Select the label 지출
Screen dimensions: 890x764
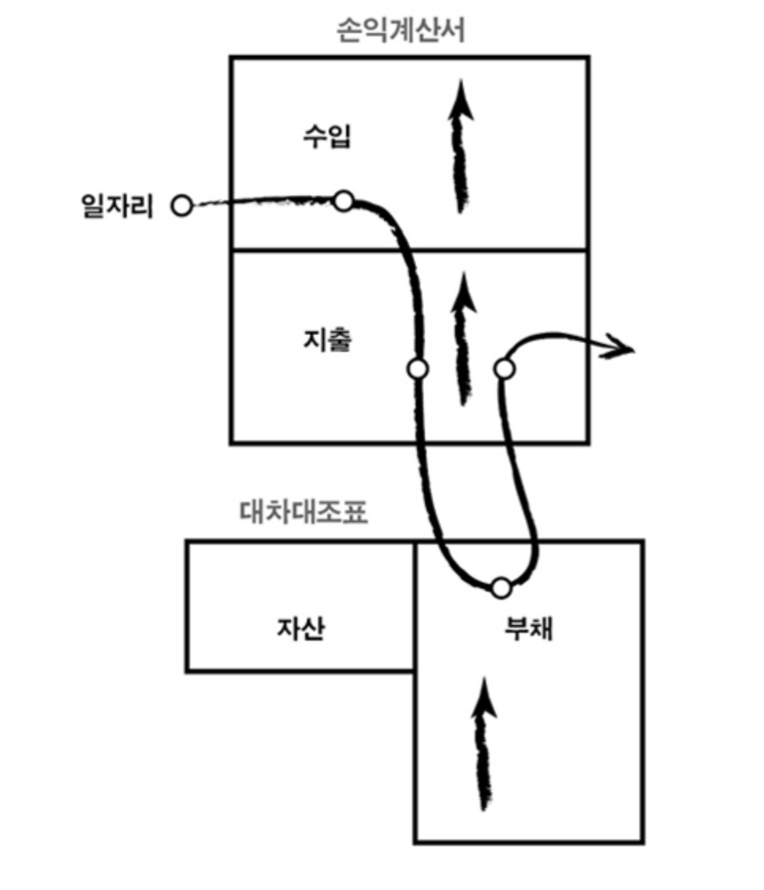point(326,341)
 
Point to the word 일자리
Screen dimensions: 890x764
point(117,206)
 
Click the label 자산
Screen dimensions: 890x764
point(300,629)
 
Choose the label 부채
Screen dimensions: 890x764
point(528,629)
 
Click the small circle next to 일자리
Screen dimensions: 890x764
point(182,207)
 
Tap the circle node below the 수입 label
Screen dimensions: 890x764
point(343,201)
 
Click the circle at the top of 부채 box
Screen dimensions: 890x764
point(501,588)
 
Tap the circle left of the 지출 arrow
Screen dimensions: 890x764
point(418,368)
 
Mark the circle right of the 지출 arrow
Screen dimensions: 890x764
point(504,368)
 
